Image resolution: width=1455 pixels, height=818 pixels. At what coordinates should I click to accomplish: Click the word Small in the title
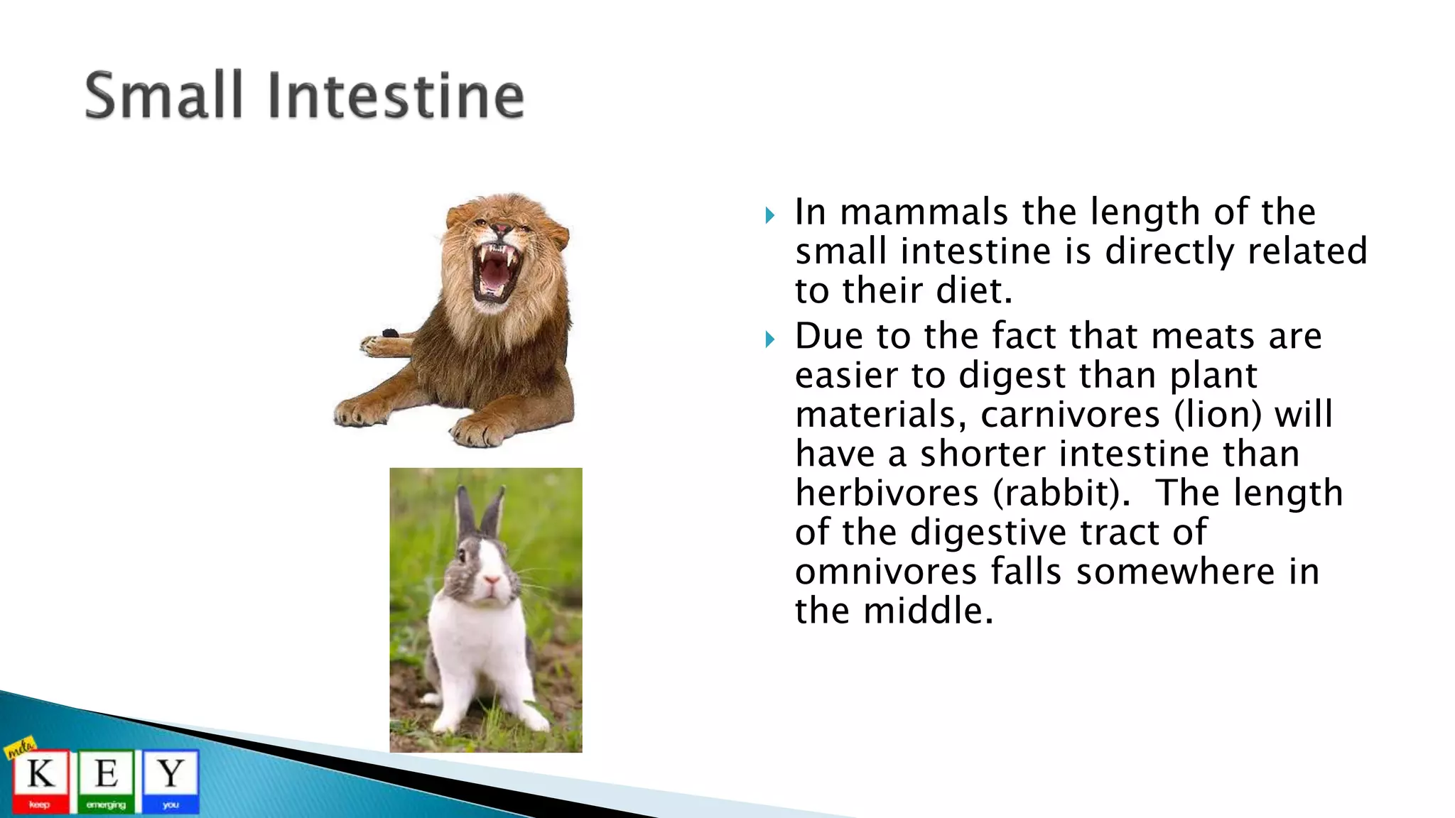coord(164,96)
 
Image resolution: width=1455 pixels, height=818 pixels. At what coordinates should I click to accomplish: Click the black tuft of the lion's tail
coord(390,333)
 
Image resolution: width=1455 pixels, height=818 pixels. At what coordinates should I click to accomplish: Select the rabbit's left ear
coord(465,511)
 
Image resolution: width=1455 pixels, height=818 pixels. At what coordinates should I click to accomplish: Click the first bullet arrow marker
coord(770,215)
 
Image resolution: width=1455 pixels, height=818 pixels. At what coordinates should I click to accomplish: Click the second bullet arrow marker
coord(770,339)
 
